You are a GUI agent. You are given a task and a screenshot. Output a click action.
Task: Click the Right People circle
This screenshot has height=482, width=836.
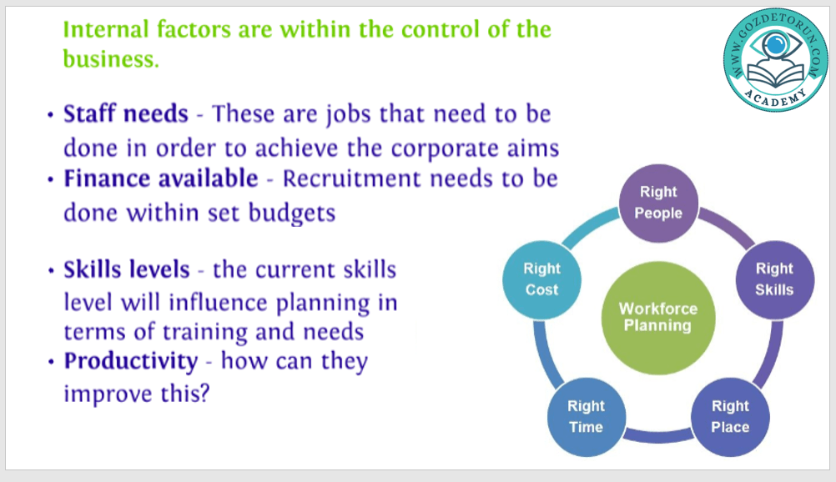(x=658, y=203)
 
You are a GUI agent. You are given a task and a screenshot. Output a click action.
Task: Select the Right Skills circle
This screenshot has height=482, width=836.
(x=775, y=279)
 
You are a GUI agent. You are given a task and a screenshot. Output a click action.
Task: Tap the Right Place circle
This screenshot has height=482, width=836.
(x=730, y=417)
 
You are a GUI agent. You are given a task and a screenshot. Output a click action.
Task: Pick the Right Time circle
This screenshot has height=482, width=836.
(x=587, y=417)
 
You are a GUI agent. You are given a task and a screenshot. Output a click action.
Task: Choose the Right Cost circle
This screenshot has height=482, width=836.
(x=541, y=279)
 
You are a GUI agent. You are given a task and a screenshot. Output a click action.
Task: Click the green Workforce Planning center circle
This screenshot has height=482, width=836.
(x=658, y=318)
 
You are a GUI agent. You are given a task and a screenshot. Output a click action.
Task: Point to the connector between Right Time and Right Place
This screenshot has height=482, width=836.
(x=658, y=436)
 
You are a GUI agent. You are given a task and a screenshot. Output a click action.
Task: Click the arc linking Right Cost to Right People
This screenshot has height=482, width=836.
(x=588, y=227)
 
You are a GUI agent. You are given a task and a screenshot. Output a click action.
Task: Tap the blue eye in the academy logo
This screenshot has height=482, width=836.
(x=776, y=44)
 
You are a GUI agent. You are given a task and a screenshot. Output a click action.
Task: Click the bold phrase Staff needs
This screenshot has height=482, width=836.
(x=126, y=113)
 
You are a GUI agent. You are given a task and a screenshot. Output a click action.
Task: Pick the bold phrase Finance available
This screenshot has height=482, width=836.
(x=161, y=178)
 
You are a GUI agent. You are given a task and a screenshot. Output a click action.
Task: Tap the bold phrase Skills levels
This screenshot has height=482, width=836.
(x=127, y=269)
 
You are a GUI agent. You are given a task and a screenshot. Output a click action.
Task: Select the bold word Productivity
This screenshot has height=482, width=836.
(x=131, y=362)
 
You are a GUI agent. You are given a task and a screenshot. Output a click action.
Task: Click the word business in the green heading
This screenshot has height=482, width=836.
(x=111, y=58)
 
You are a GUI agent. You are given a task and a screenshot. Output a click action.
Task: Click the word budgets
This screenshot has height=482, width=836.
(x=292, y=213)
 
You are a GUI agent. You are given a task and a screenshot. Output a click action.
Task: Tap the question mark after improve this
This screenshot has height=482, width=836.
(x=204, y=394)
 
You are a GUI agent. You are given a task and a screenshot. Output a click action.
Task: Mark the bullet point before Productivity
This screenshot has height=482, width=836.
(x=51, y=363)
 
